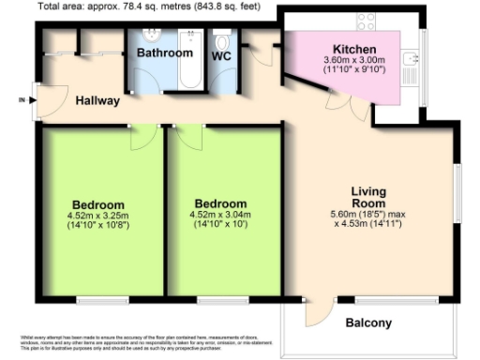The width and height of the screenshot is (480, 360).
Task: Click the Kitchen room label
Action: point(355,49)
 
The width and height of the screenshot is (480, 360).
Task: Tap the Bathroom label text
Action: point(164,53)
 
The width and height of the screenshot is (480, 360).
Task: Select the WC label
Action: point(221,56)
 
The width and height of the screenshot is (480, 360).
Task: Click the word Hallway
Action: point(97,100)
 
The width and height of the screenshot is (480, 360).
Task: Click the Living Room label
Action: point(368,198)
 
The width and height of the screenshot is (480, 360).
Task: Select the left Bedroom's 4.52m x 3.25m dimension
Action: point(97,216)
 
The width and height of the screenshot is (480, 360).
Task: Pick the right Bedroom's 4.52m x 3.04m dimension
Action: point(220,215)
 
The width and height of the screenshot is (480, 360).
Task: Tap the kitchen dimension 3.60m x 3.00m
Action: point(355,60)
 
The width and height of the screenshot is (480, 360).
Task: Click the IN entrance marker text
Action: point(22,98)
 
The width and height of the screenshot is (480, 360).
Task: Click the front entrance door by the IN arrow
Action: point(36,98)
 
